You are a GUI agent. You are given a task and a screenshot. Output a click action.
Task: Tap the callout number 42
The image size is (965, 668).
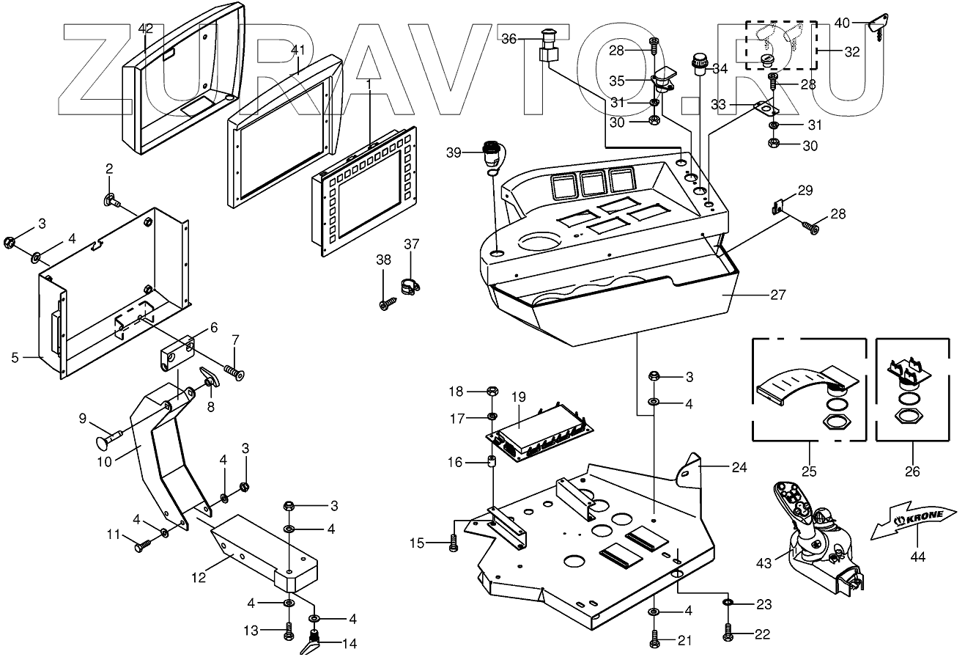[x=146, y=29]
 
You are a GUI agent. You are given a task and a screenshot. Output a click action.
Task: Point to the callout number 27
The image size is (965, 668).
[x=778, y=295]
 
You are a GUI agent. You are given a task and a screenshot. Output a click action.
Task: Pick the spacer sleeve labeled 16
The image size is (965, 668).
[x=492, y=461]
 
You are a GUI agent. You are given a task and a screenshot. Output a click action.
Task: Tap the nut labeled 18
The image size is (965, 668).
[x=492, y=392]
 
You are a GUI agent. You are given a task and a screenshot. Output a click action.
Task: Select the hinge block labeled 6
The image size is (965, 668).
[x=177, y=353]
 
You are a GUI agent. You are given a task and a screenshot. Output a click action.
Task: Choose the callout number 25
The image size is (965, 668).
[x=809, y=471]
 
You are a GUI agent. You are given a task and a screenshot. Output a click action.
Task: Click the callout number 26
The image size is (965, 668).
[x=912, y=471]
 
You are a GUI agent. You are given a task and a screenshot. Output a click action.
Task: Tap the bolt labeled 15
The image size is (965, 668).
[x=453, y=543]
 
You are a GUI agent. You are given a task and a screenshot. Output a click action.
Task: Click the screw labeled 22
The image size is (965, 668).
[x=728, y=631]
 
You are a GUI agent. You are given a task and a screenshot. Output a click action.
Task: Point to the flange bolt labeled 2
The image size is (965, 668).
[x=112, y=199]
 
